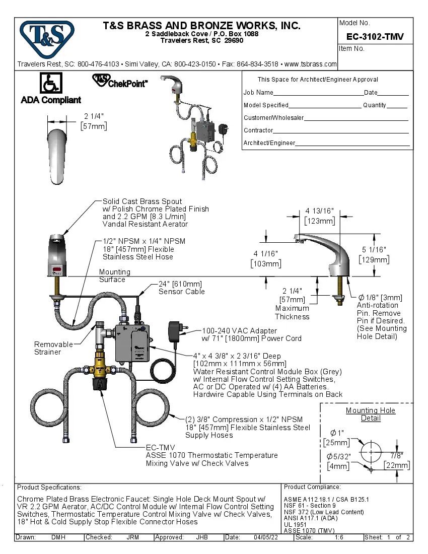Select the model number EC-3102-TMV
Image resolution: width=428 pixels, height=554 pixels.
pyautogui.click(x=375, y=37)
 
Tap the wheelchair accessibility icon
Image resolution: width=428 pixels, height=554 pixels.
pyautogui.click(x=50, y=82)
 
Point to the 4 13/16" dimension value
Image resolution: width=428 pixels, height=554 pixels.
pyautogui.click(x=319, y=211)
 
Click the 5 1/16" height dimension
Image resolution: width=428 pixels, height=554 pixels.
pyautogui.click(x=374, y=249)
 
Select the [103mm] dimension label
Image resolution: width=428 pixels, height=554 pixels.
pyautogui.click(x=266, y=263)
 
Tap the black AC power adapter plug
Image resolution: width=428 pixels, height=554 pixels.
pyautogui.click(x=177, y=332)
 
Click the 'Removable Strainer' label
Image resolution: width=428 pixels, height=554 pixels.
pyautogui.click(x=53, y=348)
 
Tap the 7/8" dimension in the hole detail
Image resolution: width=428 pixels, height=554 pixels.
pyautogui.click(x=396, y=455)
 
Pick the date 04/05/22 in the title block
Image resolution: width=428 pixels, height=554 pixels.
pyautogui.click(x=266, y=537)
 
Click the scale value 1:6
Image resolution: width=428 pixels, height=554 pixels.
pyautogui.click(x=339, y=537)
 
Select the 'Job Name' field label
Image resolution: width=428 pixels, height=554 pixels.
pyautogui.click(x=258, y=93)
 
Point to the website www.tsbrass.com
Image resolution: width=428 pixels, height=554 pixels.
pyautogui.click(x=310, y=64)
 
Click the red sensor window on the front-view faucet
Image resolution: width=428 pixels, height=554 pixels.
pyautogui.click(x=56, y=270)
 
